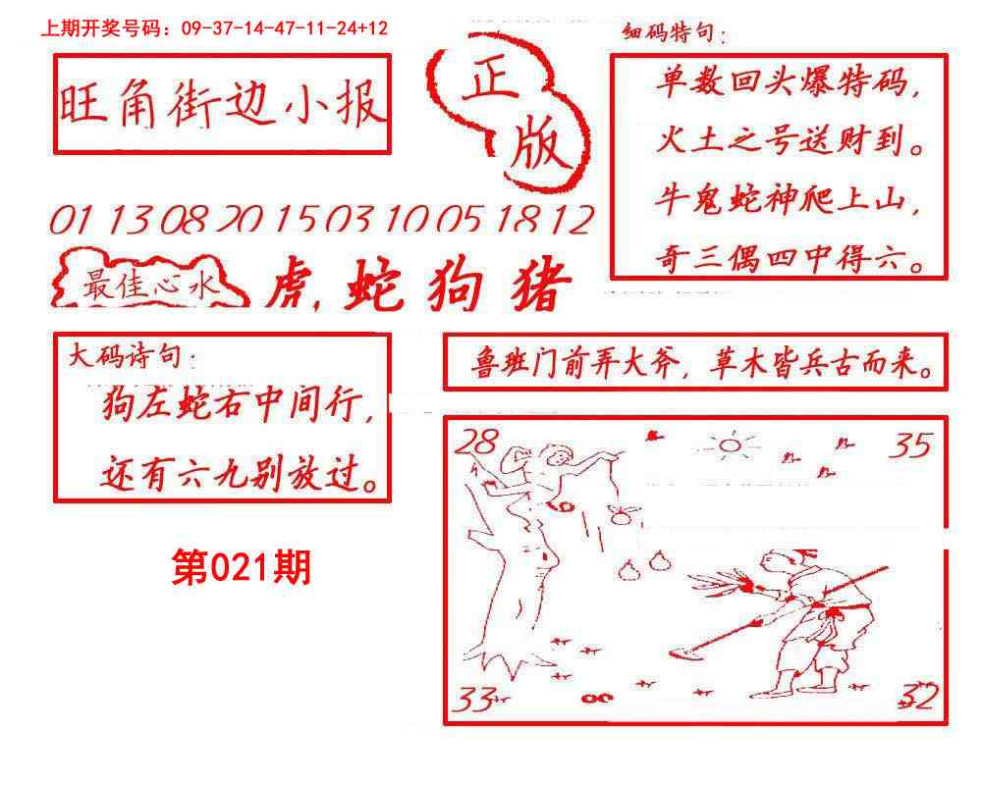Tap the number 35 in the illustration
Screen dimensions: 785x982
coord(909,446)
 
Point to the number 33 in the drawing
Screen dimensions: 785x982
coord(475,700)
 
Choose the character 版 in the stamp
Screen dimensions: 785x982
coord(538,148)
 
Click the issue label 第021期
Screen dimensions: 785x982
coord(241,567)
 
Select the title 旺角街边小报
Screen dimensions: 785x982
coord(222,104)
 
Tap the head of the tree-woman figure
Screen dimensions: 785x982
coord(558,457)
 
